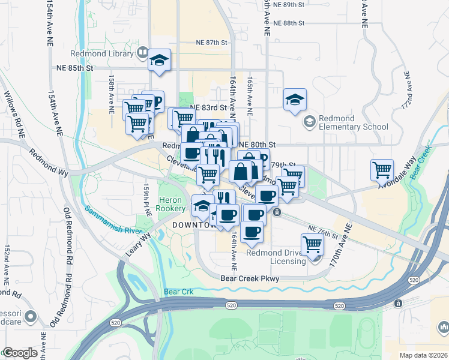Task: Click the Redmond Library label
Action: pos(101,53)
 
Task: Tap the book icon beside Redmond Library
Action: pos(142,53)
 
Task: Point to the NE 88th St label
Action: pos(289,23)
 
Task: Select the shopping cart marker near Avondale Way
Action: pos(382,170)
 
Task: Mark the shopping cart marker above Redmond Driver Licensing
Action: pos(312,244)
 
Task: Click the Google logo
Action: pos(20,353)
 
